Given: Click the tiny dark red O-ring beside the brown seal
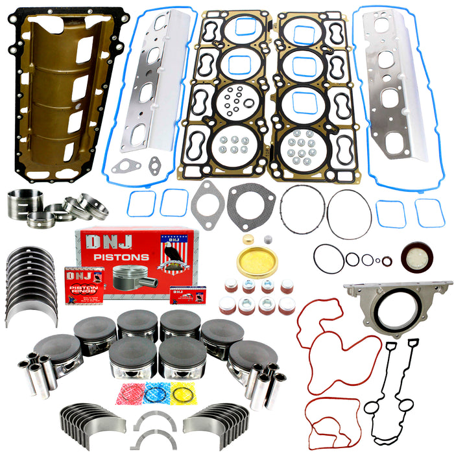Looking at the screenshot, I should click(x=387, y=261).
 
